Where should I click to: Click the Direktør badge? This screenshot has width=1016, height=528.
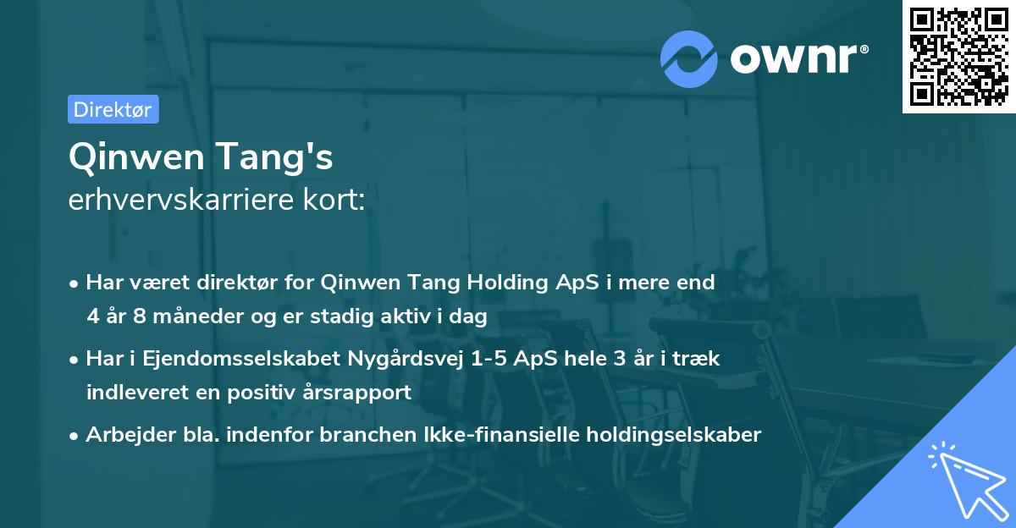point(113,109)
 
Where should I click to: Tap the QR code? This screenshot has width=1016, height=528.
point(958,57)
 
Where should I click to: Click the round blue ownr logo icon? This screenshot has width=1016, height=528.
point(688,59)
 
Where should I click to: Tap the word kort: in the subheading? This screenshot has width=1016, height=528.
point(336,201)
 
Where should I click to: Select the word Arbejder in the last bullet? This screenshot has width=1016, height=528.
point(121,435)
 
